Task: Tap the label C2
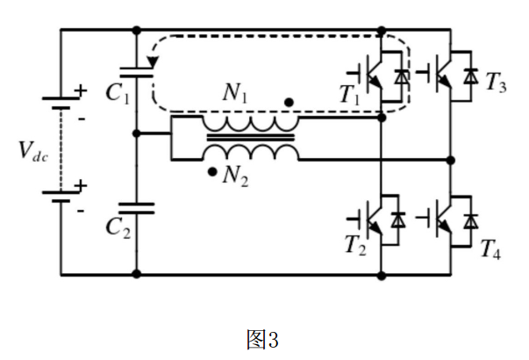point(117,227)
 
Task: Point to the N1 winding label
point(237,93)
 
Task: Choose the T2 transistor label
point(353,243)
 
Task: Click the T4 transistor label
point(490,247)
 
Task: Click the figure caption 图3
point(263,338)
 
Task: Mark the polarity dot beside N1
point(289,103)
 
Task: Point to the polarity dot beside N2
point(211,171)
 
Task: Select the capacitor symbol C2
point(137,208)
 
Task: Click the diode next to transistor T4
point(472,217)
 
